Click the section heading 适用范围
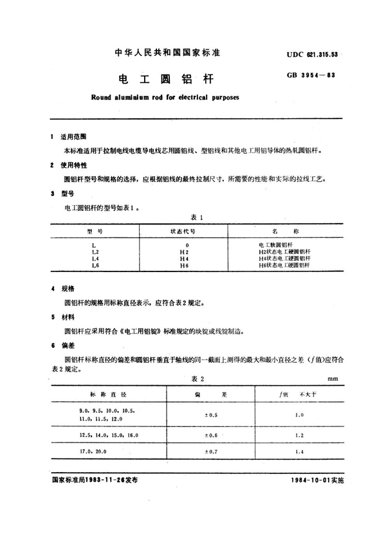(71, 137)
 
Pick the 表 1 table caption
(197, 217)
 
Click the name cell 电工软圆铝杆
(275, 245)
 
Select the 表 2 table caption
(197, 379)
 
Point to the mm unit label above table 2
(332, 379)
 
